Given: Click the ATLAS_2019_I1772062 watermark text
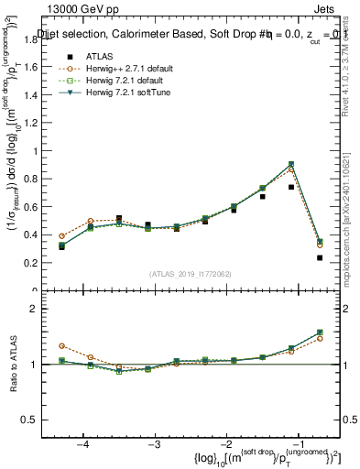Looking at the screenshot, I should tap(190, 275).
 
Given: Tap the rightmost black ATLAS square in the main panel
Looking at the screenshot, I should tap(320, 258).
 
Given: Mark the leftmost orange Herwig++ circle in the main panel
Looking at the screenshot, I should tap(62, 236).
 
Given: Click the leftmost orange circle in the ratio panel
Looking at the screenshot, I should tap(62, 346).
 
